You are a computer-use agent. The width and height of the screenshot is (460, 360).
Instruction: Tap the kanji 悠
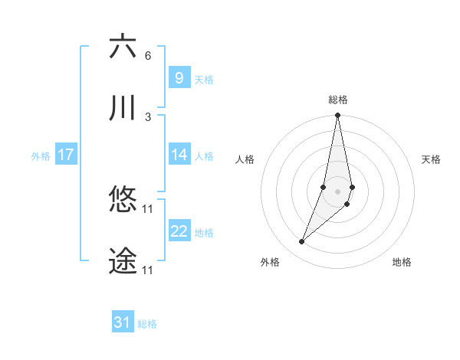coord(123,200)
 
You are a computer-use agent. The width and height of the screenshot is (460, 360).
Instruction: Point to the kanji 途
coord(123,261)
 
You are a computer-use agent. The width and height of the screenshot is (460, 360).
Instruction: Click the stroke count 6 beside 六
coord(148,55)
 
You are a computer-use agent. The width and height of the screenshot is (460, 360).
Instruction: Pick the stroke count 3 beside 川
coord(148,116)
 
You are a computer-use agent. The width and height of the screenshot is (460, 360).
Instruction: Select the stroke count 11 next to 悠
coord(148,208)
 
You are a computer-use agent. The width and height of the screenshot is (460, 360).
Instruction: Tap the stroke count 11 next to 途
coord(148,270)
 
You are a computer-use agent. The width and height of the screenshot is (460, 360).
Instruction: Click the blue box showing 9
coord(179,77)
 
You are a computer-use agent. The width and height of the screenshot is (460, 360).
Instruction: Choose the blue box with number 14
coord(179,155)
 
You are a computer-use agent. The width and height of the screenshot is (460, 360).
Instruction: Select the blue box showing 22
coord(179,231)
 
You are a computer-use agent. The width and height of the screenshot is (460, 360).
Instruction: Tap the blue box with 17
coord(65,155)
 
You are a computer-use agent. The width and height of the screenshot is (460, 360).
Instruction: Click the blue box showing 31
coord(122,322)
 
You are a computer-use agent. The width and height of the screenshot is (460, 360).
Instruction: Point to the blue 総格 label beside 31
coord(147,324)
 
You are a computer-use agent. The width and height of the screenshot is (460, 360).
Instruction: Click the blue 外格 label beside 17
coord(41,156)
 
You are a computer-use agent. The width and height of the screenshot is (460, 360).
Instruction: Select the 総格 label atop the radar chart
coord(338,99)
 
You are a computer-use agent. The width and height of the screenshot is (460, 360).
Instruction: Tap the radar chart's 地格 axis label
coord(402,262)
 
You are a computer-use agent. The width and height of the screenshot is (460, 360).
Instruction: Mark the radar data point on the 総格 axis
coord(337,116)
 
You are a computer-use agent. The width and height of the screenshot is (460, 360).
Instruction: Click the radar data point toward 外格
coord(301,242)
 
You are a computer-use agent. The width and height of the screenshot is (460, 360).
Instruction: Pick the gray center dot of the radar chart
coord(337,191)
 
